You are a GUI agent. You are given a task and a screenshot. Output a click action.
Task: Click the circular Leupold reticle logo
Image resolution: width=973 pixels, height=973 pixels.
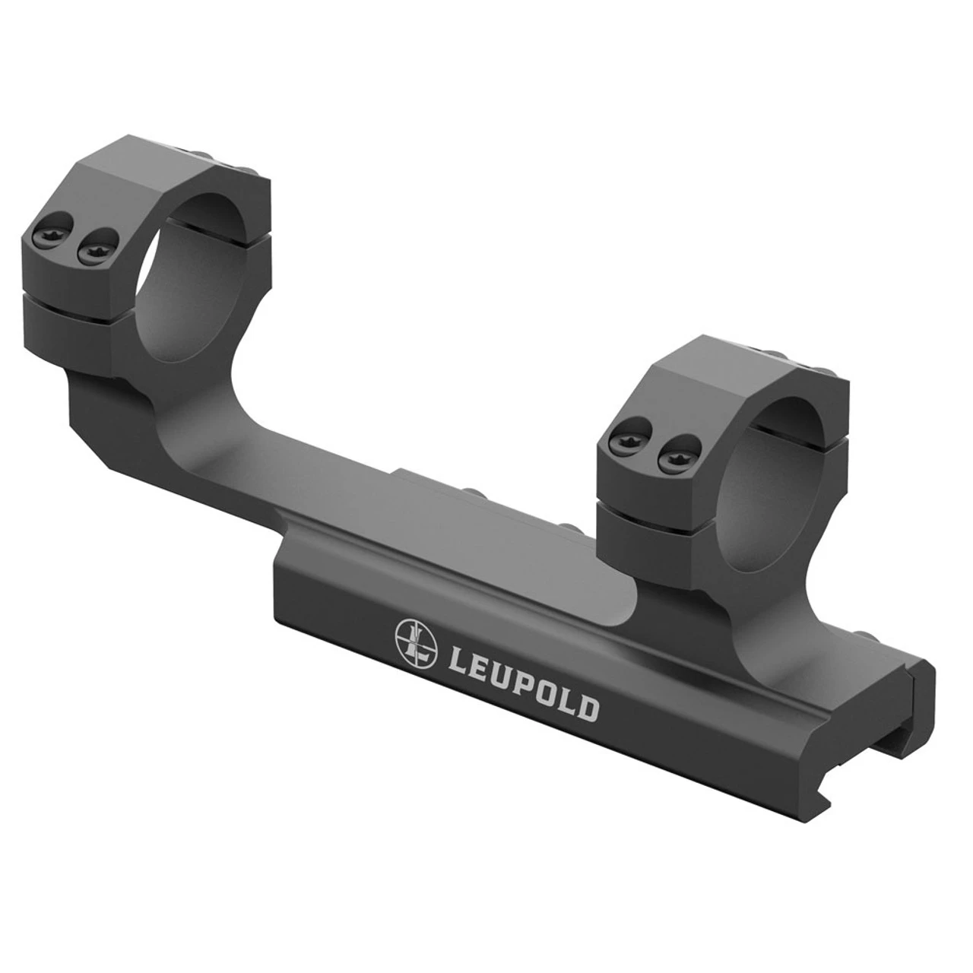tap(417, 641)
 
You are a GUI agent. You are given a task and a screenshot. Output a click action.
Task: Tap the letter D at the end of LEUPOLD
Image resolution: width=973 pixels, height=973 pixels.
tap(587, 709)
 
